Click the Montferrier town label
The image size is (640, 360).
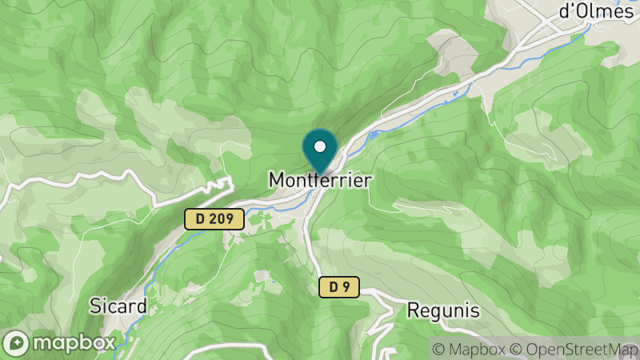pyautogui.click(x=320, y=181)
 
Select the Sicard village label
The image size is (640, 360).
pyautogui.click(x=118, y=306)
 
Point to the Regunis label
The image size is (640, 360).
pyautogui.click(x=442, y=310)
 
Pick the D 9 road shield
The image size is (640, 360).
pyautogui.click(x=339, y=286)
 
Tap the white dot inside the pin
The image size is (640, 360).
pyautogui.click(x=320, y=146)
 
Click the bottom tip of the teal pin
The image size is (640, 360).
pyautogui.click(x=320, y=170)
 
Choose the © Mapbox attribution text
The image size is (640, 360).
pyautogui.click(x=470, y=350)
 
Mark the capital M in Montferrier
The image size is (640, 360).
pyautogui.click(x=276, y=181)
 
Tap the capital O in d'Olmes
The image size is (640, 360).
pyautogui.click(x=574, y=11)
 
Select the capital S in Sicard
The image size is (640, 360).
pyautogui.click(x=94, y=306)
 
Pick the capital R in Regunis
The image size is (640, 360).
pyautogui.click(x=414, y=310)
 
